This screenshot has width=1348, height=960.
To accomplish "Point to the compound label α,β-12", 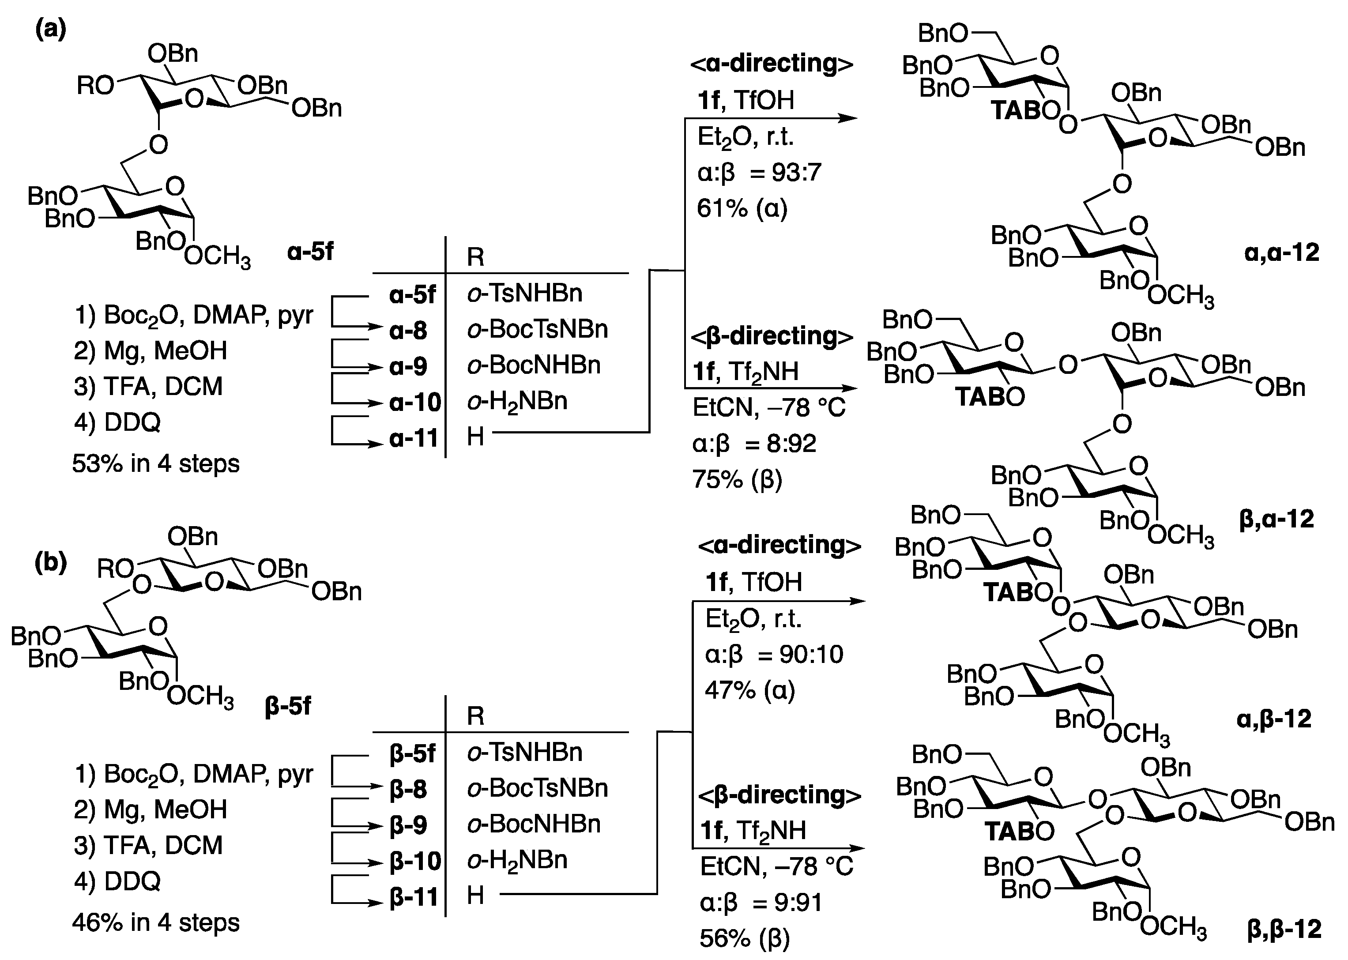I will click(x=1273, y=719).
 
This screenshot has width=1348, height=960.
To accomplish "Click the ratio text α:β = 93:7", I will click(x=759, y=173).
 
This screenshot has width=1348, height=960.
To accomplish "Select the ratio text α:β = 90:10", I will click(x=774, y=655).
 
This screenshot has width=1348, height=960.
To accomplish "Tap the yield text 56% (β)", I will click(x=745, y=938).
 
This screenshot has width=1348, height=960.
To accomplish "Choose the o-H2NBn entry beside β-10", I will click(x=517, y=861).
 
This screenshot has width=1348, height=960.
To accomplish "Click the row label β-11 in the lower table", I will click(x=414, y=897).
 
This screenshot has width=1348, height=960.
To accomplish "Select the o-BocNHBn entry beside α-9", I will click(x=534, y=365).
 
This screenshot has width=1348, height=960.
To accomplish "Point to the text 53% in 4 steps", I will click(x=156, y=463).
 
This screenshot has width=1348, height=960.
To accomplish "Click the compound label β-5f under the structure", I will click(x=288, y=706).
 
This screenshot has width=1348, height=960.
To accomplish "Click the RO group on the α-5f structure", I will click(x=95, y=87).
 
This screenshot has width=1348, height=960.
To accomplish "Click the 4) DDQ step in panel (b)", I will click(x=117, y=881).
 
